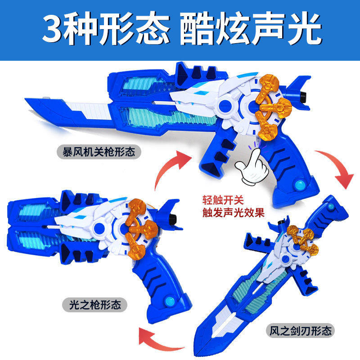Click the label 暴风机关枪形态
(x=99, y=152)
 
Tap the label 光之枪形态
(x=94, y=305)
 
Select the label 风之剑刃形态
(x=300, y=331)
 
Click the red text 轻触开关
(x=223, y=200)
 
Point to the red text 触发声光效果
(x=234, y=212)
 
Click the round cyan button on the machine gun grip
(x=299, y=184)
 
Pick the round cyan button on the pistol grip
(x=170, y=301)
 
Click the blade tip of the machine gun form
(x=25, y=99)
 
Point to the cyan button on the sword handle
(x=331, y=206)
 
